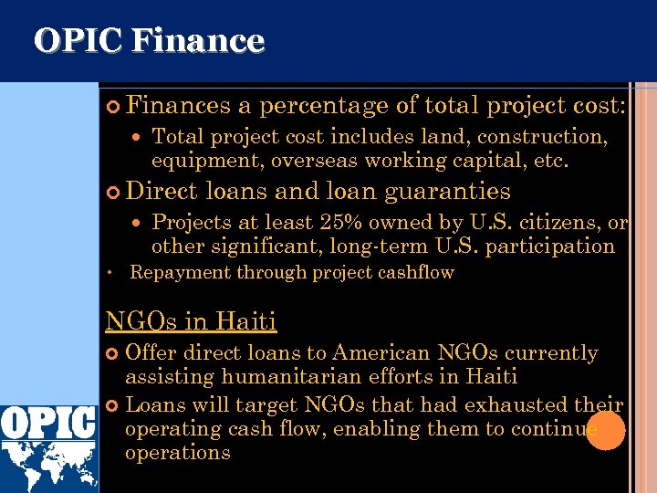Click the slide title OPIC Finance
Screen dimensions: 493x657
[149, 41]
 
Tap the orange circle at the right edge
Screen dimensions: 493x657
[605, 430]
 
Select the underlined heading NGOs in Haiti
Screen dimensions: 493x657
[191, 321]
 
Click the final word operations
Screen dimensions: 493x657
[177, 453]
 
